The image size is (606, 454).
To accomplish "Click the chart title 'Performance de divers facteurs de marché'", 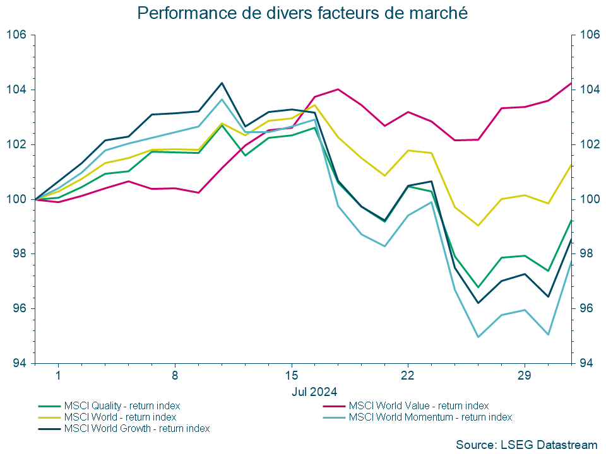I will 302,13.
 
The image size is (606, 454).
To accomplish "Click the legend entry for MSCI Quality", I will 121,405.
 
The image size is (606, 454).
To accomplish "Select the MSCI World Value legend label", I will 419,405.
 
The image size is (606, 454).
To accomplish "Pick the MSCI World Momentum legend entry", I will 430,417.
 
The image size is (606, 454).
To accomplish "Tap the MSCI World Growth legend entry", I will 136,428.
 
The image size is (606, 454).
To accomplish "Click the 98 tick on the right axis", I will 585,253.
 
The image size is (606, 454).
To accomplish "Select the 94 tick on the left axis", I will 18,363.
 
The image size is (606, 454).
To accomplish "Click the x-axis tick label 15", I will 292,376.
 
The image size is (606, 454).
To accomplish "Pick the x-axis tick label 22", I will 408,376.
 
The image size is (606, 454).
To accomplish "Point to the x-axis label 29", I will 525,376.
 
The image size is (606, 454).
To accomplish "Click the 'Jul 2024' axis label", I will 314,391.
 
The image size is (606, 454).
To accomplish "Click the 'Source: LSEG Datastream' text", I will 526,444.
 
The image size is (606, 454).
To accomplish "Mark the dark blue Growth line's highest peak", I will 222,83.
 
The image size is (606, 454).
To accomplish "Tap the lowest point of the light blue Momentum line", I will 478,337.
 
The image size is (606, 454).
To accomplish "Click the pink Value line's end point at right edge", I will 571,83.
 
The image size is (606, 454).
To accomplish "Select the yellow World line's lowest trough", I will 478,225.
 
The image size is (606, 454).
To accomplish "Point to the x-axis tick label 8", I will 175,376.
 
